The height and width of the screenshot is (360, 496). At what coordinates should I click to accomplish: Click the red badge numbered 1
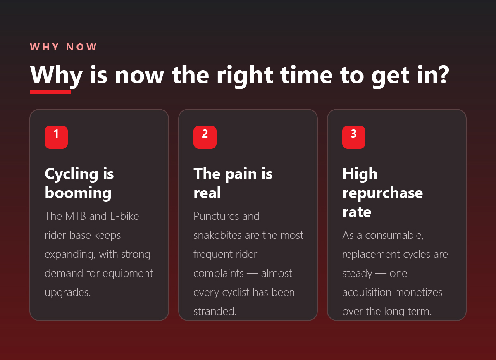(56, 137)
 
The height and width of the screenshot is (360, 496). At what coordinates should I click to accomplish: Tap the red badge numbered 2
(205, 137)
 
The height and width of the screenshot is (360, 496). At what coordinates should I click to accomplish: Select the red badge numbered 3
(354, 137)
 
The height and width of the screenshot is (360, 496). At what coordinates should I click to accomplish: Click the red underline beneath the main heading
(50, 92)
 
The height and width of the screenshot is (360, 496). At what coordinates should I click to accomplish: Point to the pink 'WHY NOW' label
(63, 47)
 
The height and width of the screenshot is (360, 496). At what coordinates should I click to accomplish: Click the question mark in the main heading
(444, 75)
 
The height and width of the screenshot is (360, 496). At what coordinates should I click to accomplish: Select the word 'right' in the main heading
(245, 76)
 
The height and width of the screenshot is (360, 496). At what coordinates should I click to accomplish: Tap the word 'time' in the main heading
(306, 75)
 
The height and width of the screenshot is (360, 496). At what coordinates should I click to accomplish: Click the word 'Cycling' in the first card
(71, 174)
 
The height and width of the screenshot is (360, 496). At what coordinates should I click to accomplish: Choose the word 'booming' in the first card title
(78, 193)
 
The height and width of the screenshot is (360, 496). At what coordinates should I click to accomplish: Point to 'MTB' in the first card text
(76, 216)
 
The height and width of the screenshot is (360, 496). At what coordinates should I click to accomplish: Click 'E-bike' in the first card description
(124, 216)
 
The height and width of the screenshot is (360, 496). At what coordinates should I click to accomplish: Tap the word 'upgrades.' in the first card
(67, 293)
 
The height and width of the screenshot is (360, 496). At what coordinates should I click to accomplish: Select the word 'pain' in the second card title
(241, 174)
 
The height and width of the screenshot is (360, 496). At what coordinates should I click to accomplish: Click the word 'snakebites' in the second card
(217, 235)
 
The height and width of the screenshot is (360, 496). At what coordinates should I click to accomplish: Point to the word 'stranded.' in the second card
(215, 311)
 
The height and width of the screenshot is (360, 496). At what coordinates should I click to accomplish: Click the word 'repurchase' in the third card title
(383, 193)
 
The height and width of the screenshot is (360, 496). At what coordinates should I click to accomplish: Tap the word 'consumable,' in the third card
(394, 236)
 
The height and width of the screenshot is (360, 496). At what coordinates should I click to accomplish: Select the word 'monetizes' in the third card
(418, 292)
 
